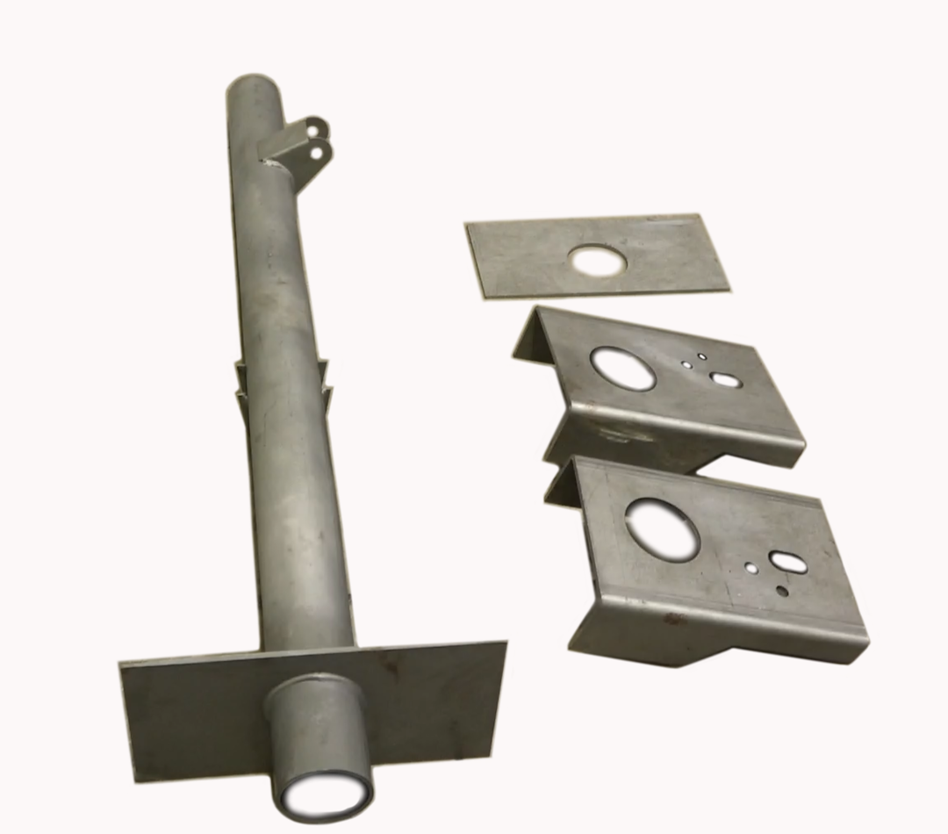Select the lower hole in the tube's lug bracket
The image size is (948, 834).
pyautogui.click(x=317, y=153)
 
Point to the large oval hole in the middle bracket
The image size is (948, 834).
pyautogui.click(x=622, y=368)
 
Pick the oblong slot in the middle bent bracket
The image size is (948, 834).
pyautogui.click(x=724, y=380)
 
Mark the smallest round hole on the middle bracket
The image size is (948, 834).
pyautogui.click(x=701, y=357)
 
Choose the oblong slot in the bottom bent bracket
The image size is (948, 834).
pyautogui.click(x=787, y=562)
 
